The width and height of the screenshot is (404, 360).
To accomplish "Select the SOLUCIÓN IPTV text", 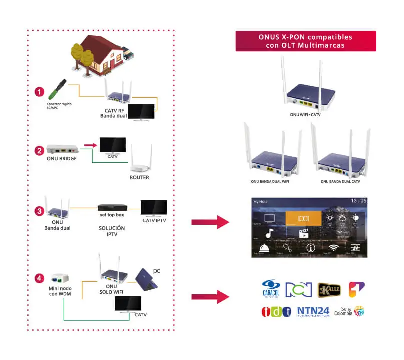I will [112, 231].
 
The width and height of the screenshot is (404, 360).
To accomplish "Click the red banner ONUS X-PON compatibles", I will [305, 41].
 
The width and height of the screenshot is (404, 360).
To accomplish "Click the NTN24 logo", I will [313, 312].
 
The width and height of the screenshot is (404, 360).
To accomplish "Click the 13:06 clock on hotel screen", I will [358, 201].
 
